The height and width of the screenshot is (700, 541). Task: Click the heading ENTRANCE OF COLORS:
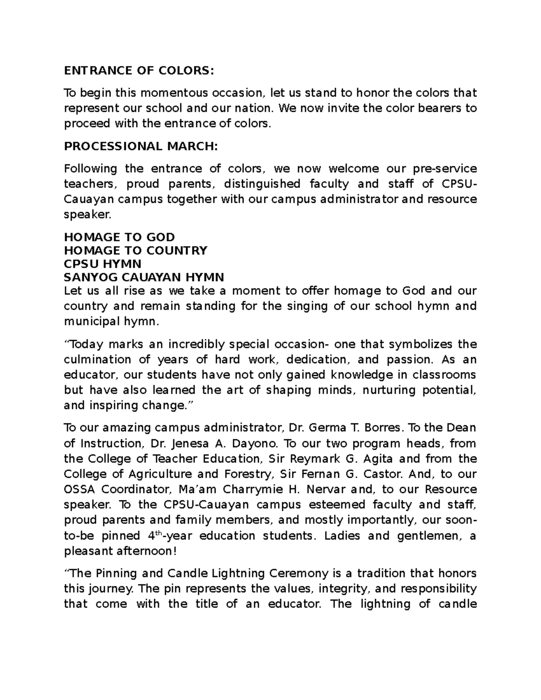[x=137, y=71]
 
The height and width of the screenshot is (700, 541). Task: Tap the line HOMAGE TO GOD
[x=119, y=237]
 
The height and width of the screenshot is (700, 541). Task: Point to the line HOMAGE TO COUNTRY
[x=136, y=250]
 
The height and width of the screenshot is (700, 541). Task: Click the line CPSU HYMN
[x=103, y=263]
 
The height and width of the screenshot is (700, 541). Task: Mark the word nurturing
[x=387, y=390]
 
